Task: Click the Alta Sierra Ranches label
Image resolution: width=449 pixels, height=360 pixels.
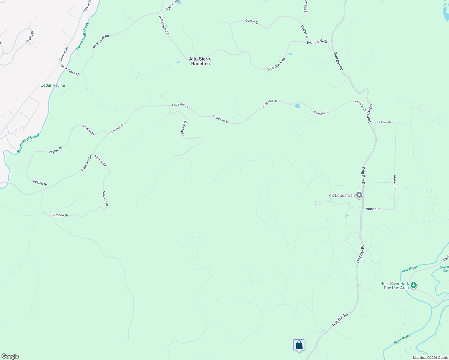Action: (x=200, y=61)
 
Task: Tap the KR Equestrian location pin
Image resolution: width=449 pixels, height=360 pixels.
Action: (x=359, y=195)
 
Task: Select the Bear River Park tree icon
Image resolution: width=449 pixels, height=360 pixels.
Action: (x=414, y=285)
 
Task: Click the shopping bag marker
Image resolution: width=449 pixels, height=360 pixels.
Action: (x=299, y=345)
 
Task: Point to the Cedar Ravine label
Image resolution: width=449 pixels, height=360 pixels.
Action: (x=53, y=85)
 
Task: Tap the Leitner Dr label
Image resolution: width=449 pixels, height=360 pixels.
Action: (x=384, y=122)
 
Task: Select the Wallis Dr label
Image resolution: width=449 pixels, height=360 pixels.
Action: (x=30, y=37)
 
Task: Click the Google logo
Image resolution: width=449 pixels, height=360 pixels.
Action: (x=10, y=356)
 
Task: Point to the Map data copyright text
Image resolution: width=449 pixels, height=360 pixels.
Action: (x=430, y=358)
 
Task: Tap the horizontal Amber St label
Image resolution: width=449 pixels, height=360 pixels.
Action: (x=373, y=209)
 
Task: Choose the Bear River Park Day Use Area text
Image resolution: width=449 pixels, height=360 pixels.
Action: (x=395, y=286)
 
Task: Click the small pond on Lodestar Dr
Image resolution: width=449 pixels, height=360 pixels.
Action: (x=297, y=106)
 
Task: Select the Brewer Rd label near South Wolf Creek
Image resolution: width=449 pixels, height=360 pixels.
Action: (x=64, y=54)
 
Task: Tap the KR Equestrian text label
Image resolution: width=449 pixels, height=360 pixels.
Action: (x=342, y=195)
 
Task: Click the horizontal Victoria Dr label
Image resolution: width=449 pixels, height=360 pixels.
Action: (x=60, y=215)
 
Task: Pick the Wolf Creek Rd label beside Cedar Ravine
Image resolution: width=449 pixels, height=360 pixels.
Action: (x=70, y=70)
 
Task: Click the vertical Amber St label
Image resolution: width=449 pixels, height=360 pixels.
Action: (x=395, y=182)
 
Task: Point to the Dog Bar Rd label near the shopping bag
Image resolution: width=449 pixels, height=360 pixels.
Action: (x=340, y=320)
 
